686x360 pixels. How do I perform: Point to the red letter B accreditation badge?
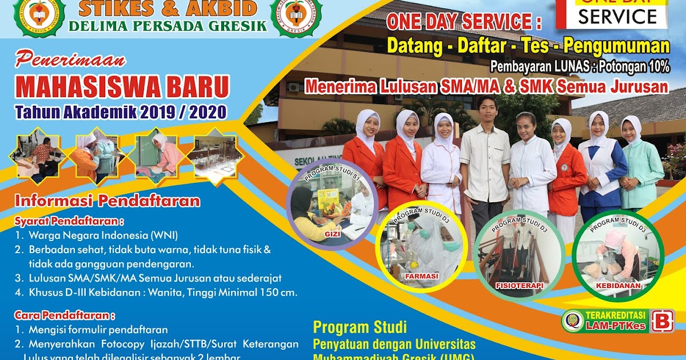[662, 321]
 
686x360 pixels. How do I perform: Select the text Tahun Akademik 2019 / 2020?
[121, 111]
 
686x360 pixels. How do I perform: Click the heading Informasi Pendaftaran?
[107, 201]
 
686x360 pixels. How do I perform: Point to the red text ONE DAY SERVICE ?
[464, 22]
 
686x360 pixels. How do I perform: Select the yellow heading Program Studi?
[360, 327]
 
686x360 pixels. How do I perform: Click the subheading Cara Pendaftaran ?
[65, 315]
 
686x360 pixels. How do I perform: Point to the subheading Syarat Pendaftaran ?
[69, 221]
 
